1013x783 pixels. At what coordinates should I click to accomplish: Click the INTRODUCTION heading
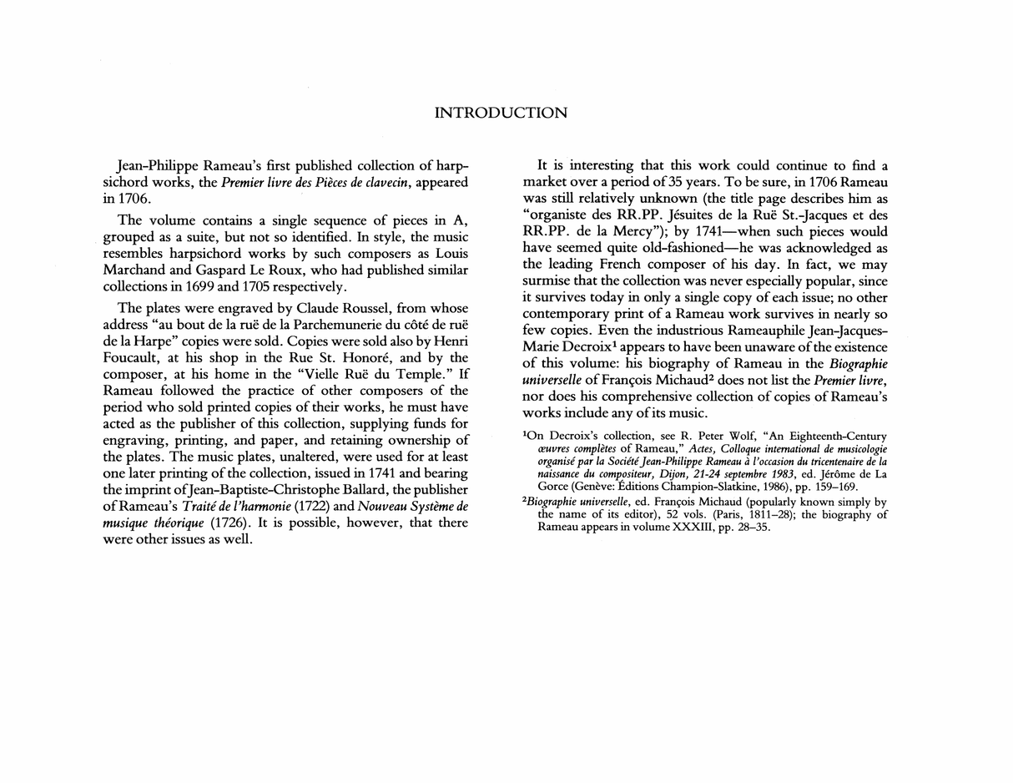click(x=501, y=113)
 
